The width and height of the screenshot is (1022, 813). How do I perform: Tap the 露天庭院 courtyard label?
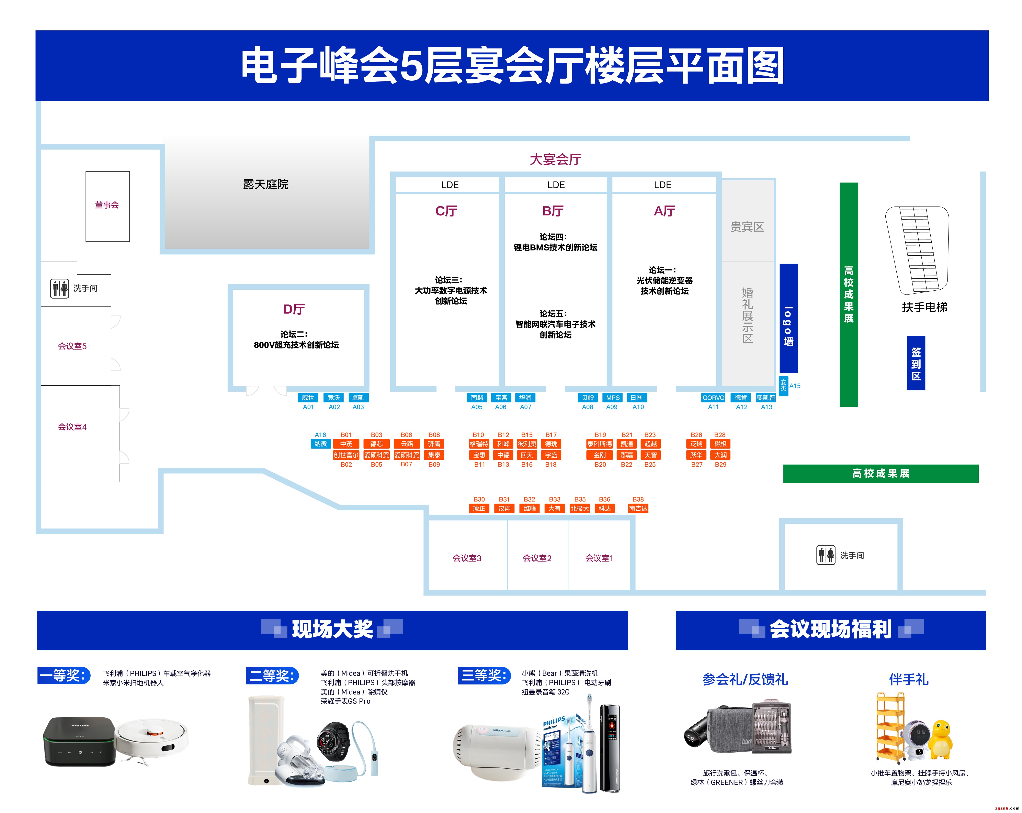pyautogui.click(x=265, y=184)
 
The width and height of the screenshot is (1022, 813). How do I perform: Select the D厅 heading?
pyautogui.click(x=294, y=309)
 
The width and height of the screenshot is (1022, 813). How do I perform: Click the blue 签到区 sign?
pyautogui.click(x=916, y=363)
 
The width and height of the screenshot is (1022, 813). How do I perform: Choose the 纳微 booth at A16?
pyautogui.click(x=320, y=444)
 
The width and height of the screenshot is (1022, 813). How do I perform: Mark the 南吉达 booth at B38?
pyautogui.click(x=638, y=509)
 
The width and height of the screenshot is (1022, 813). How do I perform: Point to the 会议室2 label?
pyautogui.click(x=537, y=558)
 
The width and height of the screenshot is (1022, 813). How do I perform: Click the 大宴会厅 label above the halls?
pyautogui.click(x=556, y=159)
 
